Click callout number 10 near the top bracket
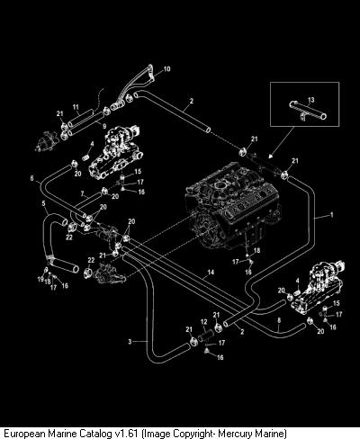coord(166,69)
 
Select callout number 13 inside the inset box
coord(311,100)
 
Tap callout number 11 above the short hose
coord(76,107)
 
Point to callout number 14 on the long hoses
coord(211,272)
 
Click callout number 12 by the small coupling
coord(203,322)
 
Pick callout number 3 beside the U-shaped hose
coord(130,342)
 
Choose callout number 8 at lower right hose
coord(279,320)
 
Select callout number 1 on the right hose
coord(331,215)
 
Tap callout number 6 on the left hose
coord(31,178)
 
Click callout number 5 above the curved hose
coord(44,203)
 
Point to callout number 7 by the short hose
coord(82,193)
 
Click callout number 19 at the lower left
coord(40,280)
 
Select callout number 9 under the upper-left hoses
coord(104,126)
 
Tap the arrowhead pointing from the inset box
coord(271,156)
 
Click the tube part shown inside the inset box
coord(308,110)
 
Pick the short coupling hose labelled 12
coord(206,334)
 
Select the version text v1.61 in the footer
coord(127,434)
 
